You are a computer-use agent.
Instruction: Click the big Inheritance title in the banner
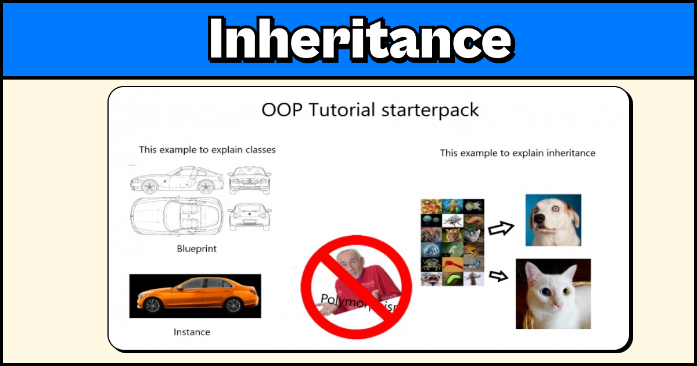pyautogui.click(x=360, y=40)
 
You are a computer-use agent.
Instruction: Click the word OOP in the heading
pyautogui.click(x=282, y=110)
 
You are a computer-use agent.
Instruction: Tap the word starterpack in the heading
pyautogui.click(x=430, y=110)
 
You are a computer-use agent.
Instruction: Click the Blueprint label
pyautogui.click(x=196, y=249)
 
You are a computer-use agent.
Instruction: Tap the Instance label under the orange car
pyautogui.click(x=192, y=332)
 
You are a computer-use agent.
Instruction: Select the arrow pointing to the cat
pyautogui.click(x=498, y=275)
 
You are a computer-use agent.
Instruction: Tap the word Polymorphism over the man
pyautogui.click(x=360, y=302)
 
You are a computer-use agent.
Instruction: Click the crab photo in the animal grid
pyautogui.click(x=431, y=264)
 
